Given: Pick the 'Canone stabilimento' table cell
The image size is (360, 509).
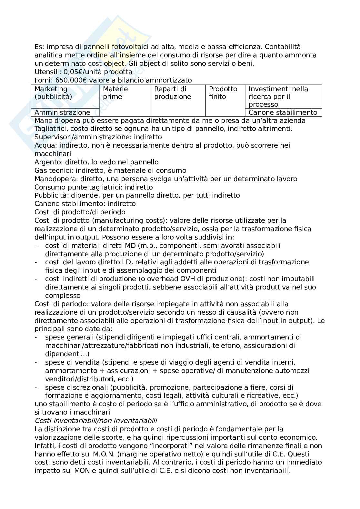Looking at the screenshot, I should (x=283, y=113).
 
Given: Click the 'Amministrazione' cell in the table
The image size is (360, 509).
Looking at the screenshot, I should (x=62, y=113).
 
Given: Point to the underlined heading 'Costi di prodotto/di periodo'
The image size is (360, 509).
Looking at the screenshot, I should (x=81, y=212).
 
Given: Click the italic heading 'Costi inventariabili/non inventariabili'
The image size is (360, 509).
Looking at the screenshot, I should (x=96, y=421).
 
